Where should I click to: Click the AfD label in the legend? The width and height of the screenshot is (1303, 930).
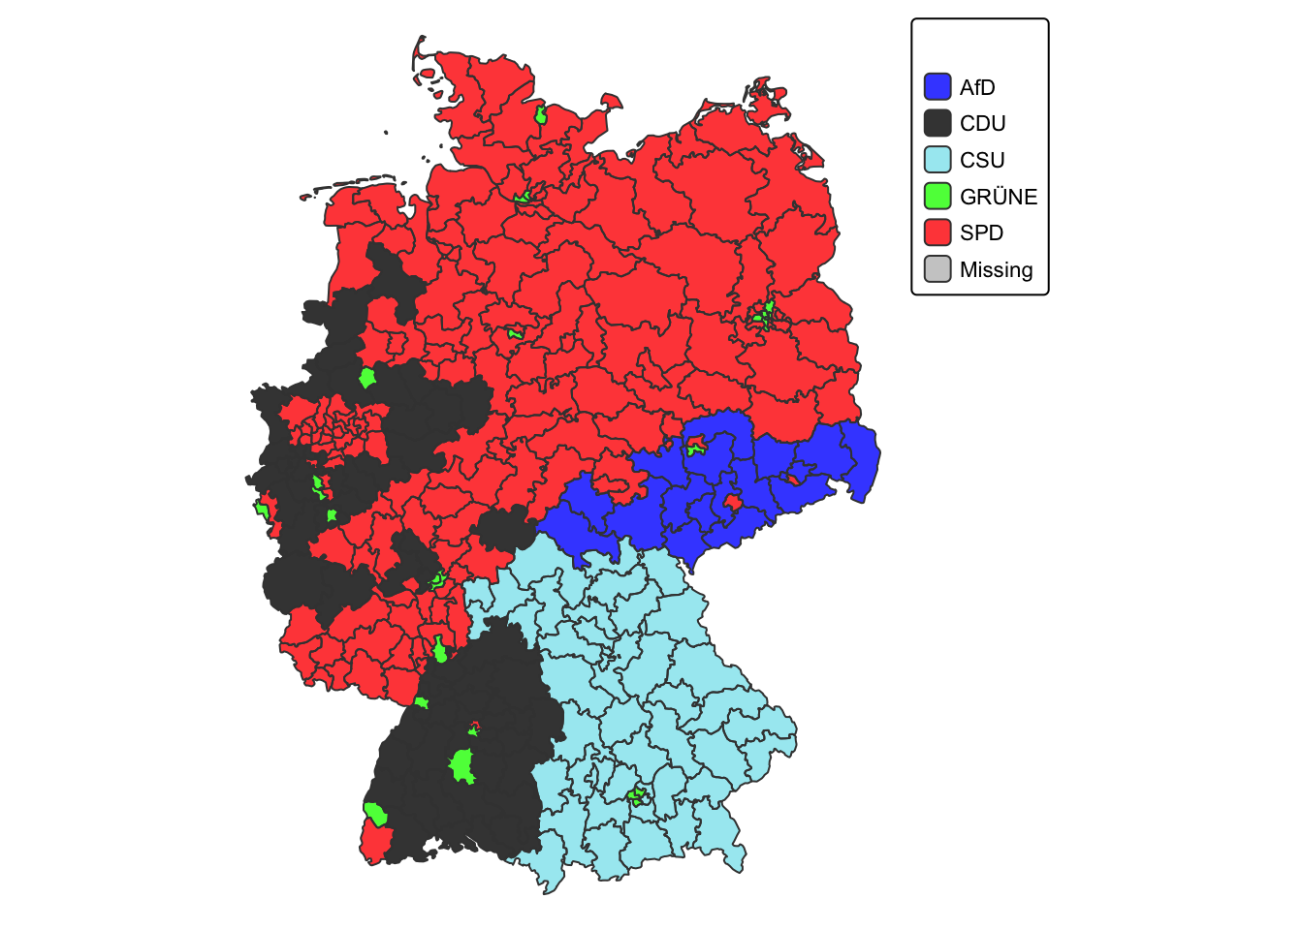(x=977, y=87)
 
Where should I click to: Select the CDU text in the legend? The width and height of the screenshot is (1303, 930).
(x=982, y=124)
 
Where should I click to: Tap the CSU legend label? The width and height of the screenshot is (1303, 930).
(x=982, y=160)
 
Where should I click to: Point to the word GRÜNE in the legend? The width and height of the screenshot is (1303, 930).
(x=998, y=197)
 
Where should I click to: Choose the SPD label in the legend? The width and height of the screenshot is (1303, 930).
(x=981, y=233)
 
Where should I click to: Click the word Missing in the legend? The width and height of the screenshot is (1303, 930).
(x=996, y=270)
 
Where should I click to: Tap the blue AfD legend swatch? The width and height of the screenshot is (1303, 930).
(x=938, y=87)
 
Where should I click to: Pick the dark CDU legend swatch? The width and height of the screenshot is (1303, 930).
(x=938, y=124)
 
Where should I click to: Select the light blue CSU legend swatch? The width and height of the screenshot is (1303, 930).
(x=938, y=160)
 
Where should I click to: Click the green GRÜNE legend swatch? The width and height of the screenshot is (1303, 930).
(x=938, y=197)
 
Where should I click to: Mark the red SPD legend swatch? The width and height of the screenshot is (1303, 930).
(x=938, y=233)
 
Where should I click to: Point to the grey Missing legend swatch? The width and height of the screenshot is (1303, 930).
(x=938, y=270)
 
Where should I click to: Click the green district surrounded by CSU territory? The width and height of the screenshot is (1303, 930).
(x=637, y=797)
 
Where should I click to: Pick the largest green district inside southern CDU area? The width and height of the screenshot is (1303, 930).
(x=462, y=766)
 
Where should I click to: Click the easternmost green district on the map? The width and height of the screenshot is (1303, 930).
(x=765, y=316)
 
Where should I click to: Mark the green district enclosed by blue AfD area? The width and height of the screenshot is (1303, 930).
(x=695, y=449)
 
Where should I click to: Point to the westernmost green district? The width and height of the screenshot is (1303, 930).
(x=262, y=508)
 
